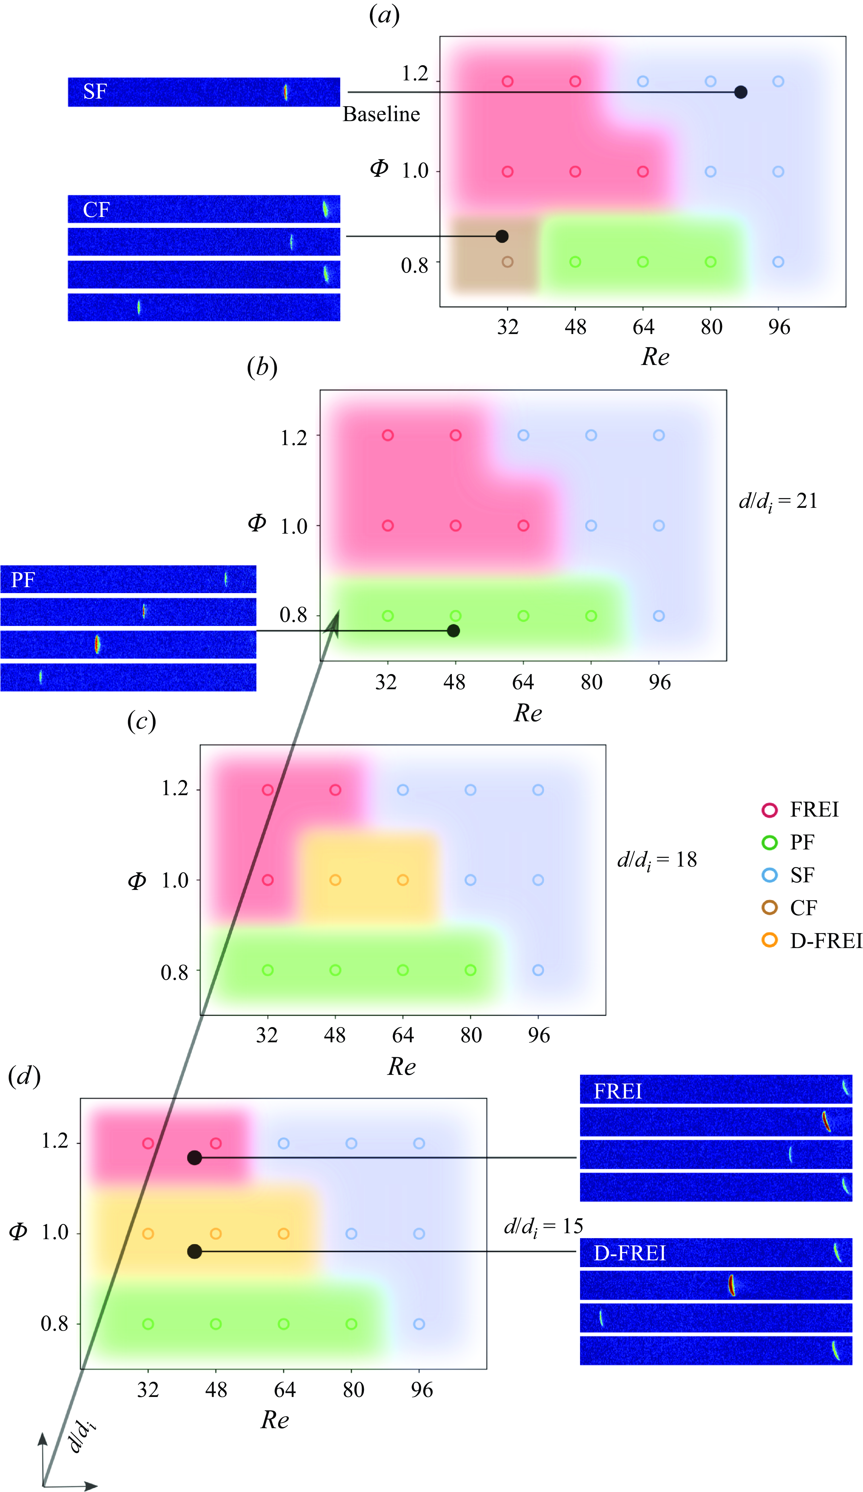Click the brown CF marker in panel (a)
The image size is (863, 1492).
point(507,262)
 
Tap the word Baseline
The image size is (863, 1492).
point(381,114)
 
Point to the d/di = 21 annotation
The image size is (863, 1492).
point(778,502)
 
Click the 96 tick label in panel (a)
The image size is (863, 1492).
point(779,327)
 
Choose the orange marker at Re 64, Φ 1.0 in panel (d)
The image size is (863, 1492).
point(284,1233)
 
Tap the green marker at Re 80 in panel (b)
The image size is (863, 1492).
point(591,616)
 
